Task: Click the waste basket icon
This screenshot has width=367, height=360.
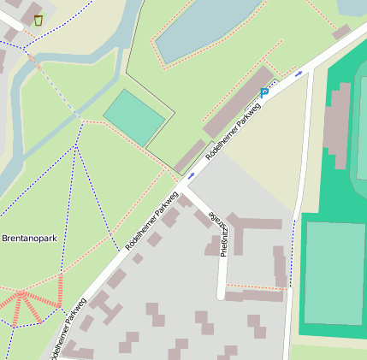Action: [x=38, y=20]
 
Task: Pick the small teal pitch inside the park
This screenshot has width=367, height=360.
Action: [x=134, y=116]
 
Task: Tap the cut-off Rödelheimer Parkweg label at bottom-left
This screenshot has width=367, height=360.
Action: [x=68, y=329]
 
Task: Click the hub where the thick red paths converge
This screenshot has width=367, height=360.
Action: [x=21, y=295]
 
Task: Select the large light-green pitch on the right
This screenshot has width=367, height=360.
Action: [x=334, y=272]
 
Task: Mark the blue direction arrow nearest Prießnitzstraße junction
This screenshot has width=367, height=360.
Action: [x=190, y=174]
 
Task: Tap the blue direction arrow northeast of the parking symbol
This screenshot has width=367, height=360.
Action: [x=298, y=74]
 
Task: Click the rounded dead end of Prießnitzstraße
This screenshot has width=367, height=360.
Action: [x=221, y=294]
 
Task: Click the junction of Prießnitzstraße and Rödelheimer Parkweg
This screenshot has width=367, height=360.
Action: [x=183, y=184]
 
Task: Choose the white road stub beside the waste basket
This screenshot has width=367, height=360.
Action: [x=10, y=21]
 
